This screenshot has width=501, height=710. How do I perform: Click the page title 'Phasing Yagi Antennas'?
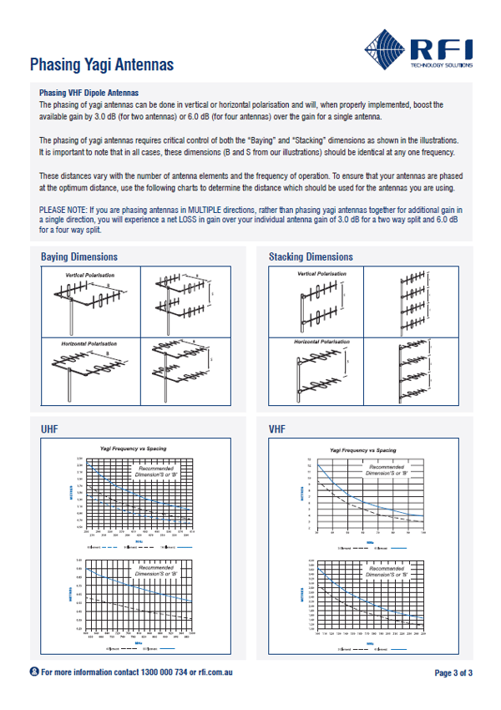point(101,64)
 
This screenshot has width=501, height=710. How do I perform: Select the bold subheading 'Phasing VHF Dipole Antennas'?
point(89,93)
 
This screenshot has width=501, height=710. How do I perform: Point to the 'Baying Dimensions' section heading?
point(79,257)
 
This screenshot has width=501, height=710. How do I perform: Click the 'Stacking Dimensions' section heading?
point(311,257)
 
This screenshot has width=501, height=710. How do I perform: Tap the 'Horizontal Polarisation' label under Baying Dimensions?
point(90,342)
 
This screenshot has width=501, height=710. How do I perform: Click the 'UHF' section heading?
point(49,429)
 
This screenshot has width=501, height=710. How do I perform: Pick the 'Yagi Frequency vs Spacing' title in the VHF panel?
point(363,450)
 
